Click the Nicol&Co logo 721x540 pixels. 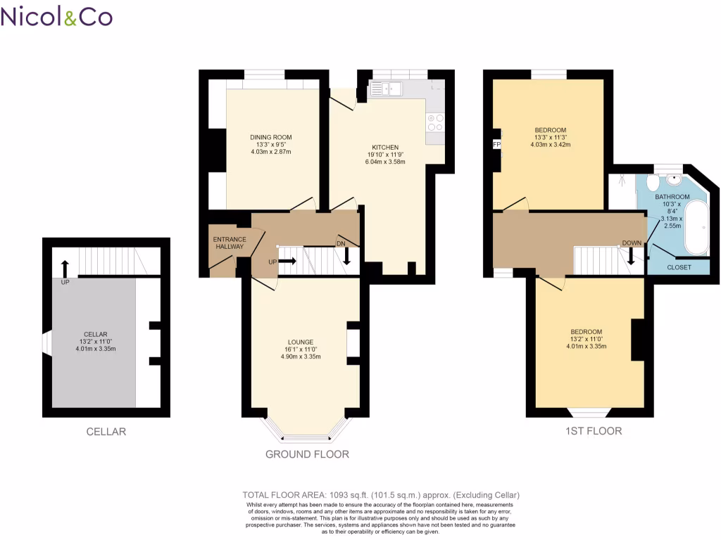click(56, 17)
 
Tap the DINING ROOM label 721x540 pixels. click(271, 137)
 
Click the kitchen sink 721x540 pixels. click(384, 89)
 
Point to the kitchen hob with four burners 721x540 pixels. click(435, 122)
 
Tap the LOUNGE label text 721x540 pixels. click(301, 342)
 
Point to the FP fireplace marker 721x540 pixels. click(496, 145)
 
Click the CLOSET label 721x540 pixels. click(679, 268)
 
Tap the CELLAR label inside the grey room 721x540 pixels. click(95, 334)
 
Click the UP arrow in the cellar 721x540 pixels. click(65, 268)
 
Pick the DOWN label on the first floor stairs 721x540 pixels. click(631, 244)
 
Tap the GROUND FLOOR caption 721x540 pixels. click(307, 454)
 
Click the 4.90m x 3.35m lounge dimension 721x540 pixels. click(301, 356)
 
